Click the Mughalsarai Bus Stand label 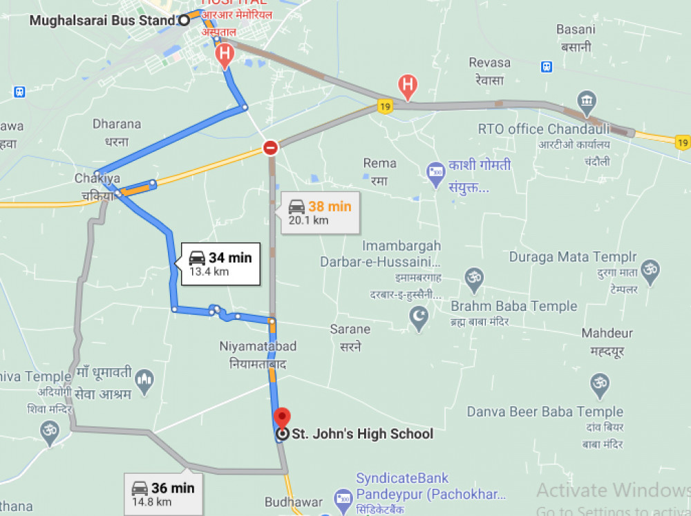tap(102, 20)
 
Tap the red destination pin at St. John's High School tap(282, 418)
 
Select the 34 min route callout tap(220, 264)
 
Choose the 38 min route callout tap(320, 212)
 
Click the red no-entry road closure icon tap(270, 148)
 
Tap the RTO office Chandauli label tap(544, 129)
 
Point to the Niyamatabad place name tap(258, 345)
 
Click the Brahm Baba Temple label tap(513, 306)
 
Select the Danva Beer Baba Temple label tap(545, 412)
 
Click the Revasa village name tap(489, 63)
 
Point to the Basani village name tap(576, 30)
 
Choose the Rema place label tap(380, 163)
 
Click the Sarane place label tap(350, 329)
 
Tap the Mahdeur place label tap(607, 334)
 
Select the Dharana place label tap(117, 124)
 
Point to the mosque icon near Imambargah tap(419, 317)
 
